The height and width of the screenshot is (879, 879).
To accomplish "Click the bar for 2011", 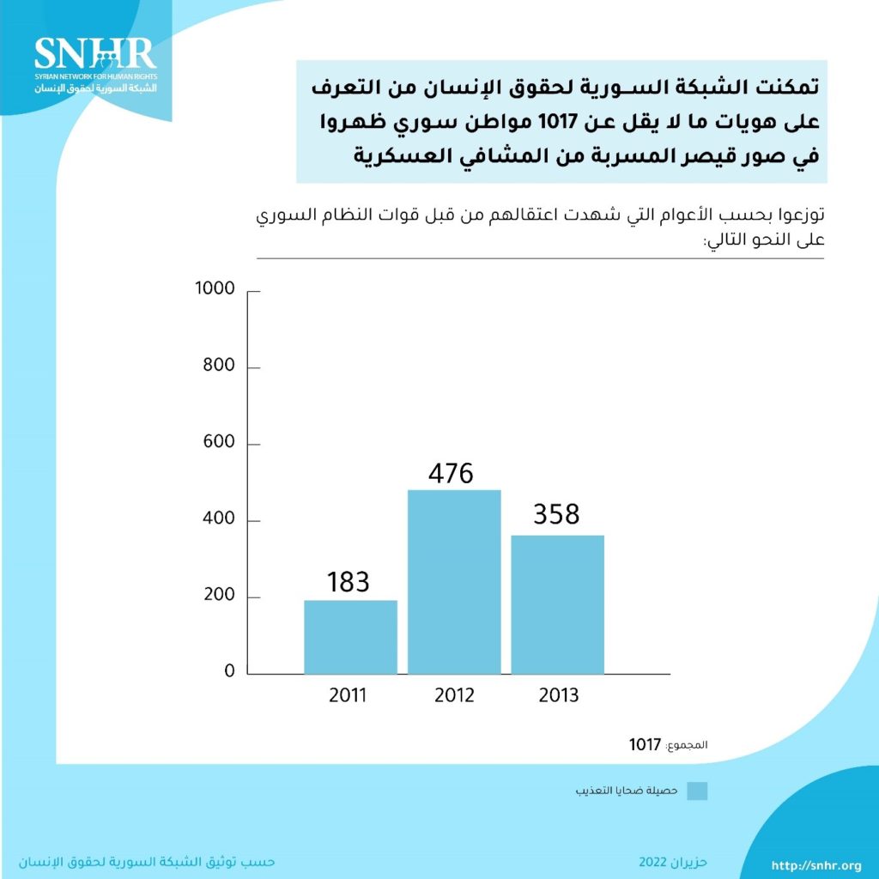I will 350,636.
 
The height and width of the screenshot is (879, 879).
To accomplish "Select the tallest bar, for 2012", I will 454,581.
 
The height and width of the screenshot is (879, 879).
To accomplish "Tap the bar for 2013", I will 558,604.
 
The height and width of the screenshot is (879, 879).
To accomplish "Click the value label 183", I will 349,581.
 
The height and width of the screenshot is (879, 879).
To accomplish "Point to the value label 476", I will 451,473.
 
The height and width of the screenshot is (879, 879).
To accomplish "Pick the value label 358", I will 556,514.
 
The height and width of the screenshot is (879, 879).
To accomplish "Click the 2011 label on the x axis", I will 348,694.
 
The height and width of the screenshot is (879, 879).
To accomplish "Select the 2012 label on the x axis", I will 454,694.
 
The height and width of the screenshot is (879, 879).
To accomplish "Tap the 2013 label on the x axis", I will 559,694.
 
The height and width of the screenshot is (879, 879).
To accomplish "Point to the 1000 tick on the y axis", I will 215,288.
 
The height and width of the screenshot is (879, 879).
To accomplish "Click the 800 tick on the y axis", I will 218,366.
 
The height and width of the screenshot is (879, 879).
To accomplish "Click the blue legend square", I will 698,791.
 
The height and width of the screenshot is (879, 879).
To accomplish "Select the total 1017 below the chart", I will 645,744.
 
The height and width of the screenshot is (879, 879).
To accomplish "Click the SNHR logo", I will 94,64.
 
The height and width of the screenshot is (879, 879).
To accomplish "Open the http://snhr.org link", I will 816,865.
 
